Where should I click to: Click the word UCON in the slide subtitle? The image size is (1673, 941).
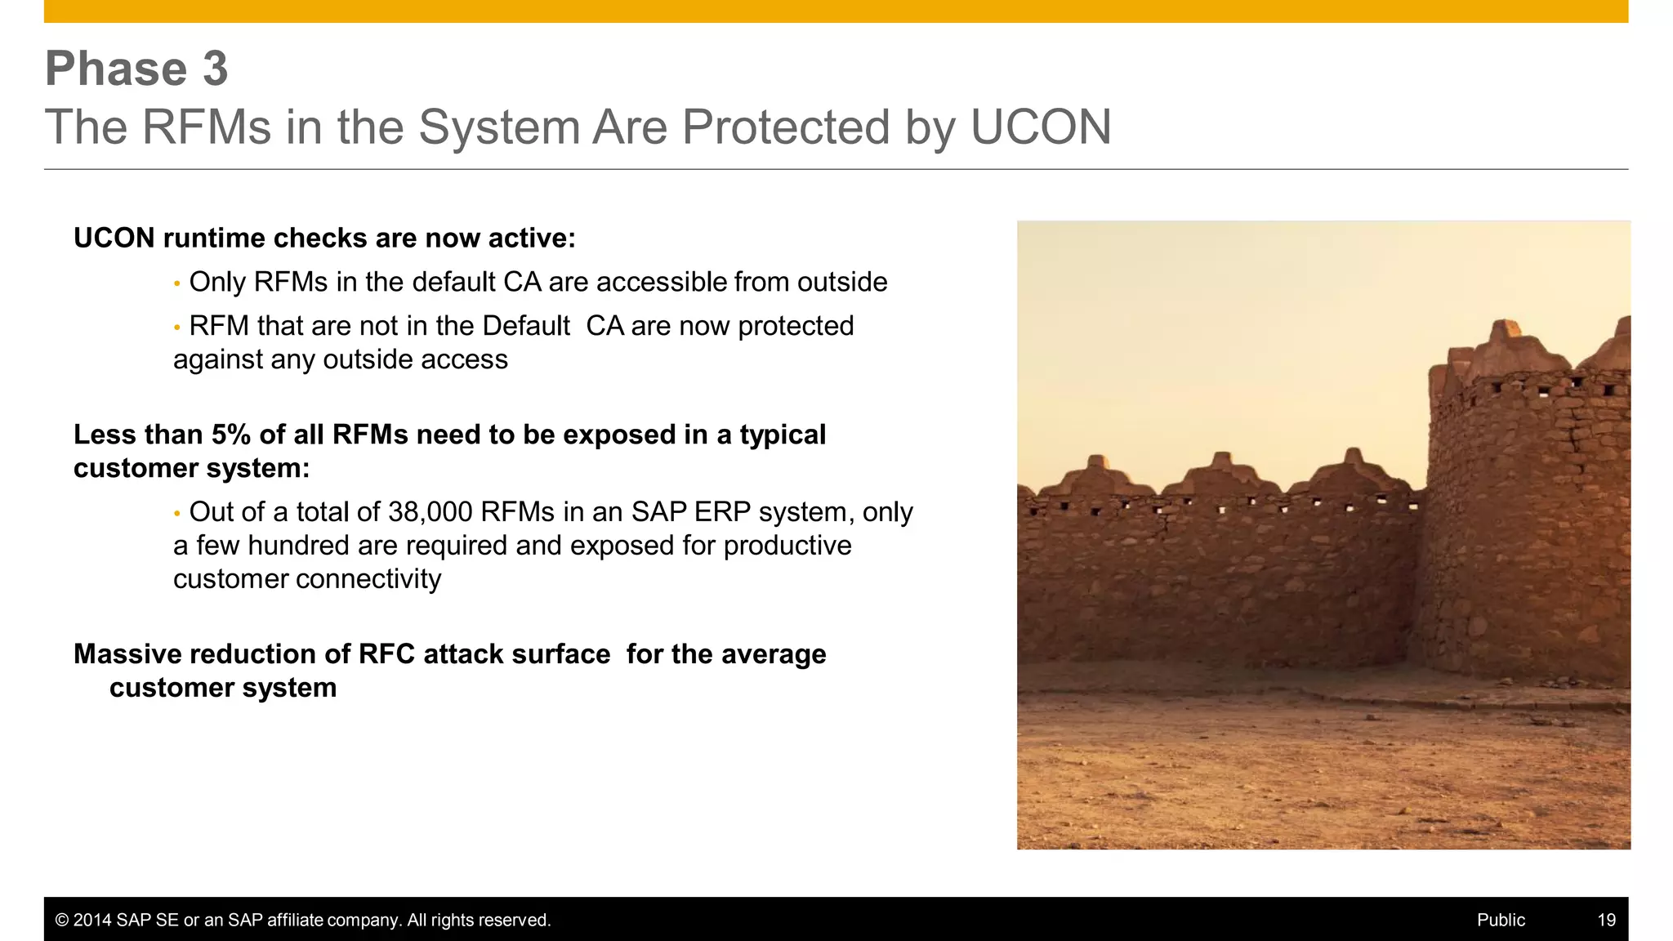tap(1041, 127)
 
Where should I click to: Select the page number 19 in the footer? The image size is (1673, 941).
tap(1606, 920)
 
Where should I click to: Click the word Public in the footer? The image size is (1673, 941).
tap(1501, 920)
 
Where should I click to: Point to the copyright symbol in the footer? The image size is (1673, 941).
tap(61, 920)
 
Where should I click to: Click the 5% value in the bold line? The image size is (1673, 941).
tap(230, 435)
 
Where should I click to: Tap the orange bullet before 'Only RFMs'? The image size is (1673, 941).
tap(176, 283)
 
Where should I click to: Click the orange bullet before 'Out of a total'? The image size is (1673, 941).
tap(176, 514)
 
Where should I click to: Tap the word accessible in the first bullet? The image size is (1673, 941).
tap(662, 282)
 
